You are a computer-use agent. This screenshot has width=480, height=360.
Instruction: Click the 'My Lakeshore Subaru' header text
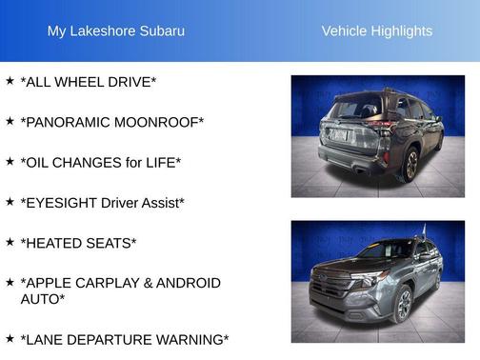click(116, 31)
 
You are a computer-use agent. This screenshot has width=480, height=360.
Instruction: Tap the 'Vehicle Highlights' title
click(376, 31)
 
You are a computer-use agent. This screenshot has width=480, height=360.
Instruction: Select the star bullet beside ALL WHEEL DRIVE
click(10, 81)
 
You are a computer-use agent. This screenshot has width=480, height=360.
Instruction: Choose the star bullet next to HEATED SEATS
click(10, 242)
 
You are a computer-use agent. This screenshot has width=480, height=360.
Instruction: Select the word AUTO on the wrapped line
click(42, 299)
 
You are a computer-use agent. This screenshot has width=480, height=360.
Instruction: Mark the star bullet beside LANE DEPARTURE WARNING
click(10, 338)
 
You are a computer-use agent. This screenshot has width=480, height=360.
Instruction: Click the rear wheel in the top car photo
click(411, 164)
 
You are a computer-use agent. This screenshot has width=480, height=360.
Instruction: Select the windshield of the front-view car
click(385, 250)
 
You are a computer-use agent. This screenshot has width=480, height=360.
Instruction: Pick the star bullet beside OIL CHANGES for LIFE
click(10, 161)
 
